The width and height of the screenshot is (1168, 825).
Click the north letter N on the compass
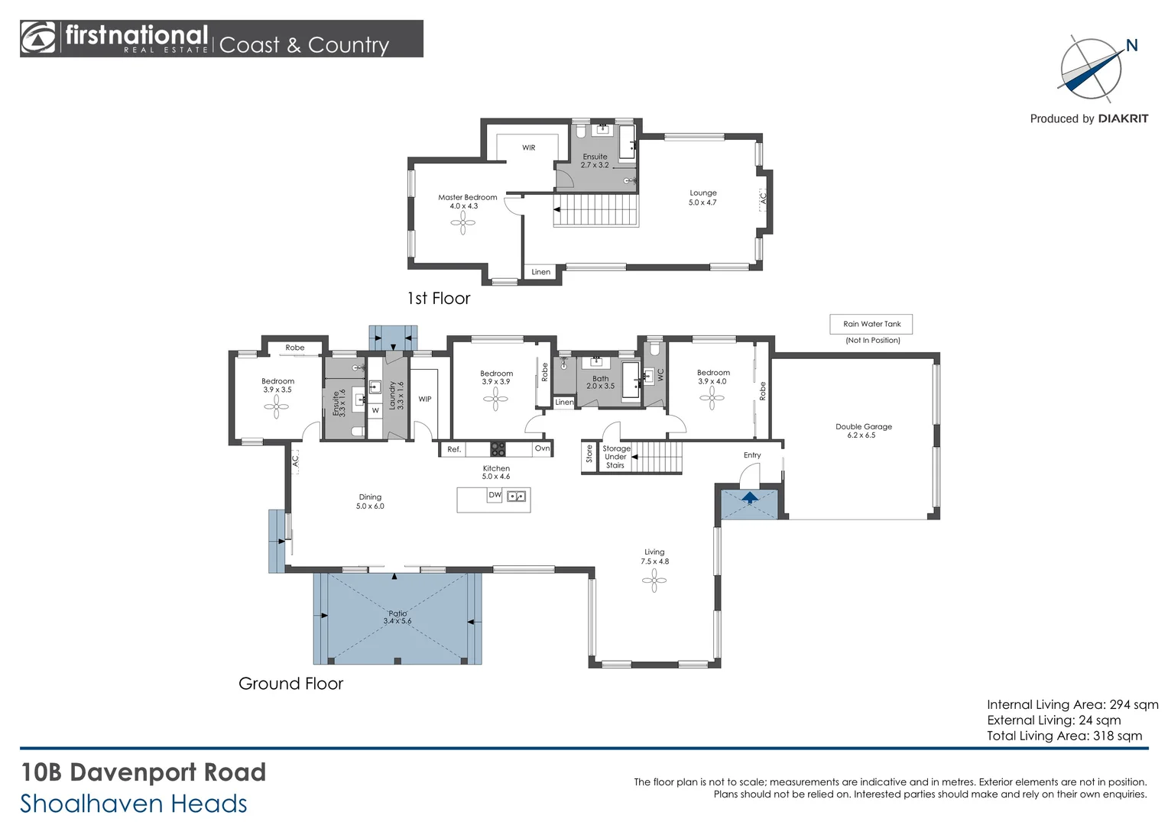pos(1131,46)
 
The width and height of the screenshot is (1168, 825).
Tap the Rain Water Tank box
pos(871,324)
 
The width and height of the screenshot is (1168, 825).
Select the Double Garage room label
pos(863,431)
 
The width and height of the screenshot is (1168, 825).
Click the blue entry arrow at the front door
pos(750,498)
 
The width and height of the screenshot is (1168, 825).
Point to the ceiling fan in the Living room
pos(654,581)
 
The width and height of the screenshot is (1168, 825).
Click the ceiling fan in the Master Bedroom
pos(462,223)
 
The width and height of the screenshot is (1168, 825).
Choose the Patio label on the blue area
pos(397,617)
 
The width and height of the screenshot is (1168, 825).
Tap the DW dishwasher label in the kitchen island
pos(495,495)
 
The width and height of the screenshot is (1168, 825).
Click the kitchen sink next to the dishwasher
pos(517,496)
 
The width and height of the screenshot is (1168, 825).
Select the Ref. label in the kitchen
pos(454,449)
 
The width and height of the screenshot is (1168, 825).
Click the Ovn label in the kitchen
pos(542,448)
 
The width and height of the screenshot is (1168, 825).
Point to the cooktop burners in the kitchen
pos(498,449)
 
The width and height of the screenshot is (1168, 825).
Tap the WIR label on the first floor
pos(528,147)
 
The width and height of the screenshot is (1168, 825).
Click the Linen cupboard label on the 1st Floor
pos(540,272)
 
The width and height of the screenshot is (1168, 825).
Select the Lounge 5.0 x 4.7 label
pos(702,198)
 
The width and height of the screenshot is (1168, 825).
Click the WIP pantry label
pos(425,399)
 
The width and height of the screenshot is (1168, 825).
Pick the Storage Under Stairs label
pos(615,457)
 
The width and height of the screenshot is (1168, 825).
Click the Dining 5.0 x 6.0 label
pos(370,501)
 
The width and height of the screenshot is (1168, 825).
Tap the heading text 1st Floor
pos(438,299)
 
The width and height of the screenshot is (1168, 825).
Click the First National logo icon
pos(39,38)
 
